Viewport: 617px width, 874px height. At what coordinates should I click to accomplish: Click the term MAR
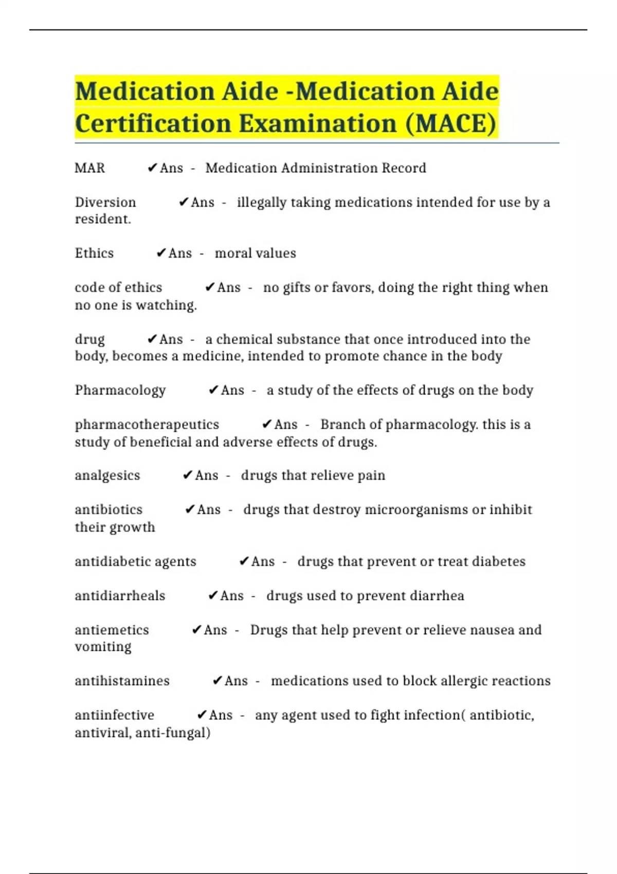[90, 168]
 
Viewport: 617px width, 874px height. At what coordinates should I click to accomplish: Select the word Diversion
[105, 203]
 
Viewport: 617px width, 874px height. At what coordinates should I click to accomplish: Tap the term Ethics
[94, 253]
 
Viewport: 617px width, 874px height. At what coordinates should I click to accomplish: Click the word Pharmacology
[120, 390]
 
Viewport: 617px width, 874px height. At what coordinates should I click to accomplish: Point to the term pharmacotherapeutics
[147, 425]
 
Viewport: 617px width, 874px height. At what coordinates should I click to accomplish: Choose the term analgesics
[107, 476]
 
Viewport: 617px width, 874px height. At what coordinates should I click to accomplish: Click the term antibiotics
[108, 510]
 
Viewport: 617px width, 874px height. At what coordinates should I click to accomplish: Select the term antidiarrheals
[120, 596]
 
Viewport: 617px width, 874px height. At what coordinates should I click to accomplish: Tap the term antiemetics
[112, 630]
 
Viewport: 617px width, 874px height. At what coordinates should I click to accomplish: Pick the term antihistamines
[122, 681]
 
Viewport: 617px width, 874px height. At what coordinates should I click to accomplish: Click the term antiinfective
[114, 715]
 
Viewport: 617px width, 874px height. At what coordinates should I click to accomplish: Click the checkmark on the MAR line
[152, 168]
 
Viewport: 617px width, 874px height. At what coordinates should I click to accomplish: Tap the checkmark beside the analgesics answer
[188, 476]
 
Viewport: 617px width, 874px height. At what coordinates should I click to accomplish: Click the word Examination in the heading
[318, 123]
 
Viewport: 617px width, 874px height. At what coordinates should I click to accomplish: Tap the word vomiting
[103, 647]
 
